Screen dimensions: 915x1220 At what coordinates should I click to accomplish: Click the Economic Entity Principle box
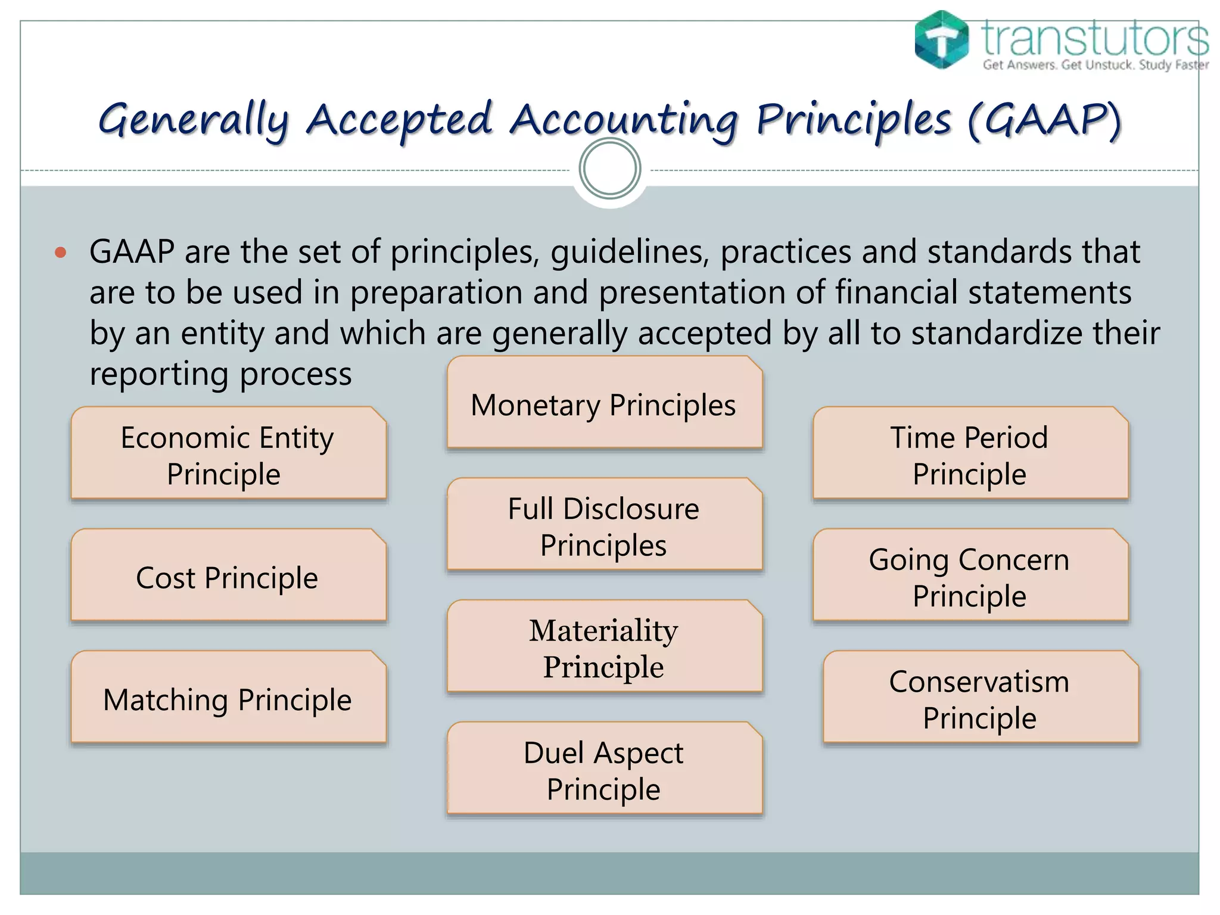228,454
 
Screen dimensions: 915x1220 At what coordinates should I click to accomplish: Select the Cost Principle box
228,576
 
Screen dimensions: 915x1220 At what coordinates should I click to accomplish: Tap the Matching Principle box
228,698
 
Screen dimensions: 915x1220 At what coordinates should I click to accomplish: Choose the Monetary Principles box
604,404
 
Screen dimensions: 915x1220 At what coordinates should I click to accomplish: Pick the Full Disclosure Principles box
604,525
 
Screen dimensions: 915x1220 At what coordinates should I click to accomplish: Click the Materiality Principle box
604,648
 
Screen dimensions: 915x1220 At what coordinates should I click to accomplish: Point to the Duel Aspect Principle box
604,770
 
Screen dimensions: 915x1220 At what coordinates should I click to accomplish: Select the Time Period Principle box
970,454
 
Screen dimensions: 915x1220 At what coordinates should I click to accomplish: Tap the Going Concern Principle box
970,576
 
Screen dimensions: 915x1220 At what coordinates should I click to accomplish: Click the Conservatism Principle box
980,698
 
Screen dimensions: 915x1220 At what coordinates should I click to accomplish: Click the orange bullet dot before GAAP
60,253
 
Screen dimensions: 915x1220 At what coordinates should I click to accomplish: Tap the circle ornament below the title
609,169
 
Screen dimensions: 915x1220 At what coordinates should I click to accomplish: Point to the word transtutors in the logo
1095,38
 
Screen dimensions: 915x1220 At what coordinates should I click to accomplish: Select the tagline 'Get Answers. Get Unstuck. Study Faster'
1095,65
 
